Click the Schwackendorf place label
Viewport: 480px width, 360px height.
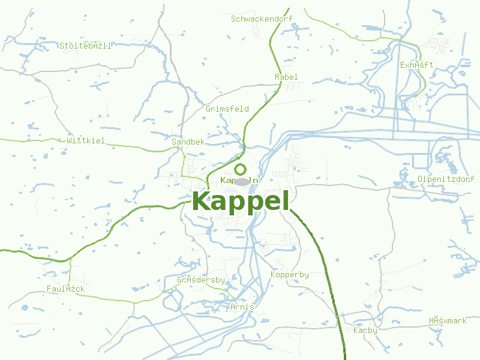click(262, 19)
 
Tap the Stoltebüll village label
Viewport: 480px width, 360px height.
click(85, 46)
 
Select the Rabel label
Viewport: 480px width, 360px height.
click(286, 77)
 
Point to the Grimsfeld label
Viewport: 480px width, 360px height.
click(227, 109)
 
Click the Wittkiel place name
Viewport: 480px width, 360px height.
click(86, 140)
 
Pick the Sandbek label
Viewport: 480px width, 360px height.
click(188, 142)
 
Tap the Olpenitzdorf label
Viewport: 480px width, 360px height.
click(446, 179)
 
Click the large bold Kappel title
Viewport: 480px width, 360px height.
click(241, 201)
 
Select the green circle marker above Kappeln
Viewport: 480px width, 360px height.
click(241, 169)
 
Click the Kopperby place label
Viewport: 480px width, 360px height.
click(290, 274)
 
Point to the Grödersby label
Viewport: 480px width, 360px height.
click(200, 280)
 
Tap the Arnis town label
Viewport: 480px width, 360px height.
click(242, 307)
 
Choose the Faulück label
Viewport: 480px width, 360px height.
click(66, 289)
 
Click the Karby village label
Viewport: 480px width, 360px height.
click(365, 330)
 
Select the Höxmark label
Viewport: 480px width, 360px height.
click(448, 320)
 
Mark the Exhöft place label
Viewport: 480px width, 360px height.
click(416, 65)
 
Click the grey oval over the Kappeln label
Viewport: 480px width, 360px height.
click(241, 181)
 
